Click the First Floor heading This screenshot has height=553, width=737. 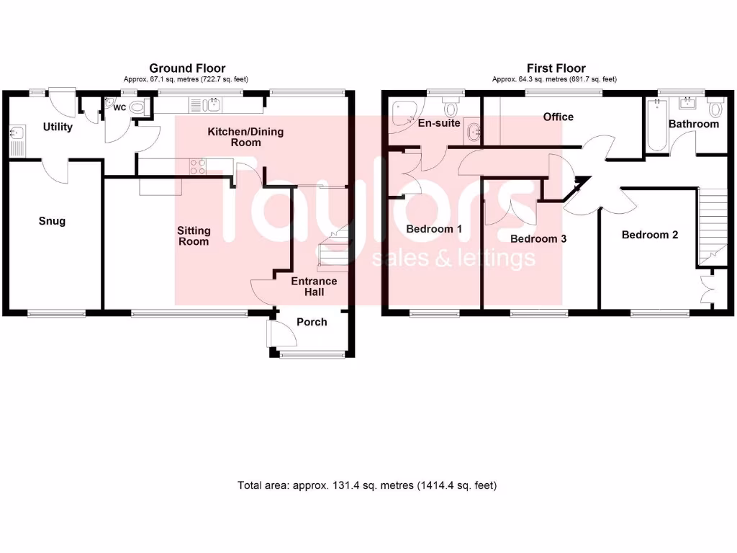555,68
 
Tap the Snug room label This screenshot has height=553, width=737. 52,221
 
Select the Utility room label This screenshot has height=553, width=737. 58,127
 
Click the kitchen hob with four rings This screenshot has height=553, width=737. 197,167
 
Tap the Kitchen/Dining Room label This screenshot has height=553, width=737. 235,137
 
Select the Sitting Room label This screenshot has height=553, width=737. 194,235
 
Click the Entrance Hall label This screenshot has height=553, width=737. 313,286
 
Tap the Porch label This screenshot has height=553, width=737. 312,322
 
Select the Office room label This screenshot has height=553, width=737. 558,117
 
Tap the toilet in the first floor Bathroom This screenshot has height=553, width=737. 715,109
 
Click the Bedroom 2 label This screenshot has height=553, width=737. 650,235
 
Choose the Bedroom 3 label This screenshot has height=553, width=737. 538,238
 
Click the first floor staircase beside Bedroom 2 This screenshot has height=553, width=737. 712,223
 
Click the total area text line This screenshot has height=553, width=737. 367,485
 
